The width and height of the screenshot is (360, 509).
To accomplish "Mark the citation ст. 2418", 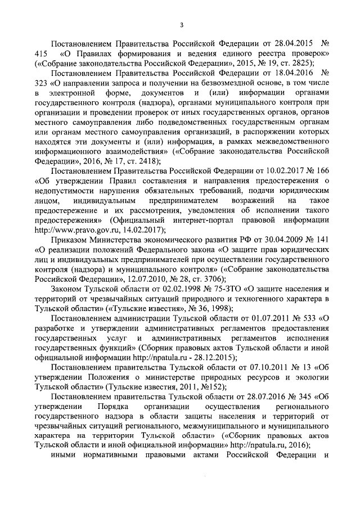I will click(139, 161).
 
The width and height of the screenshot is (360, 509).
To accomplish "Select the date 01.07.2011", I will click(262, 318).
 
